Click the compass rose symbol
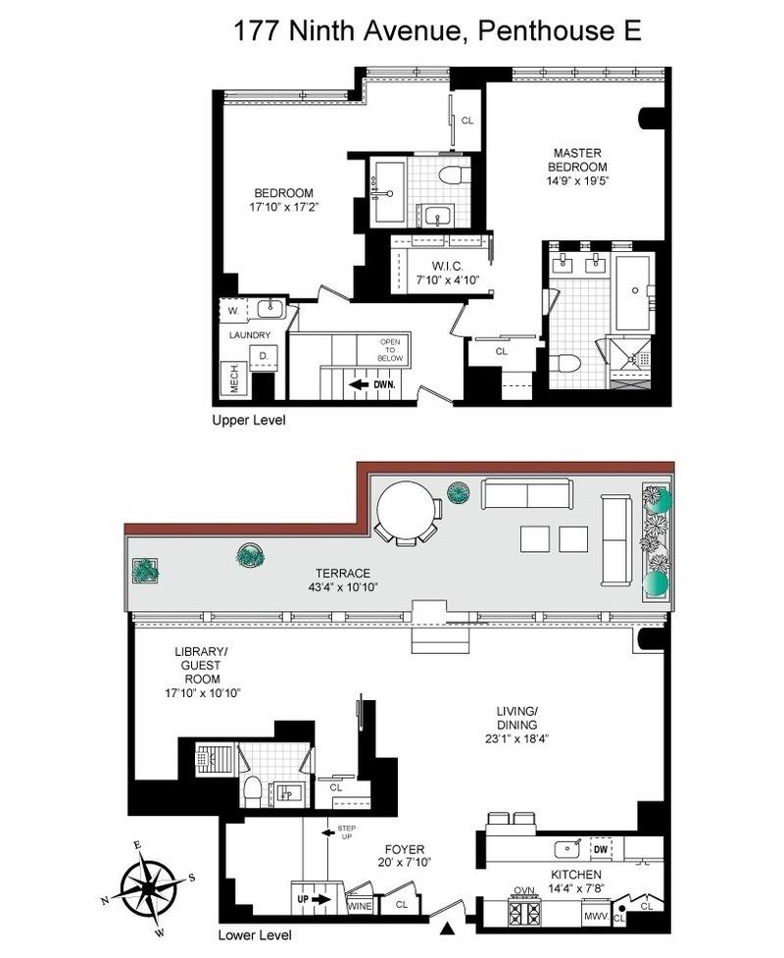[149, 886]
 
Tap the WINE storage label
[360, 907]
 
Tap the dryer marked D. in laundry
[264, 357]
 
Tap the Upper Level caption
[248, 420]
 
